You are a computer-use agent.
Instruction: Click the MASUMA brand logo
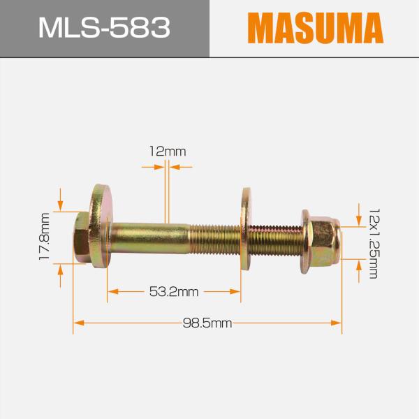(x=314, y=28)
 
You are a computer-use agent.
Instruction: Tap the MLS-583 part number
(x=104, y=28)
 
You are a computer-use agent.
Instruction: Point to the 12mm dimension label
(x=167, y=151)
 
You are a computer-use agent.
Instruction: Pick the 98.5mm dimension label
(x=207, y=323)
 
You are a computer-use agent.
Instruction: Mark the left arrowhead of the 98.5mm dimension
(x=78, y=323)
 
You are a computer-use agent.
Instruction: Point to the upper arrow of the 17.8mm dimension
(x=61, y=203)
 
